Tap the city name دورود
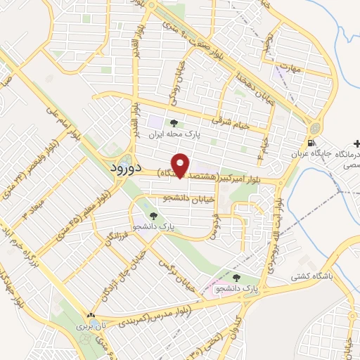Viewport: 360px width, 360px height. [127, 169]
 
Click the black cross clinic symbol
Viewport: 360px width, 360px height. [356, 143]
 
